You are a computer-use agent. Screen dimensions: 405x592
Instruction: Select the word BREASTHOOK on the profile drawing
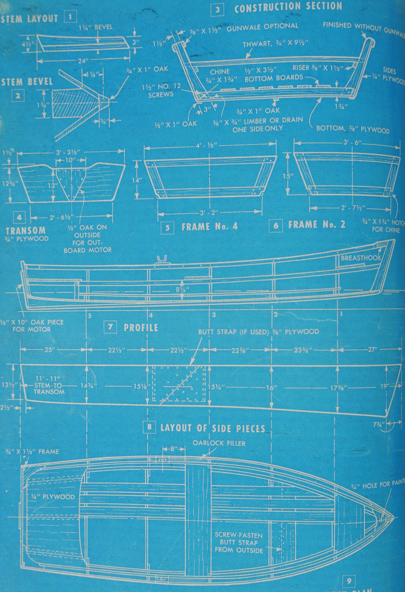pos(361,258)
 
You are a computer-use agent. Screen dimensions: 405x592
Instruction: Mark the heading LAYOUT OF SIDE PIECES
pos(212,428)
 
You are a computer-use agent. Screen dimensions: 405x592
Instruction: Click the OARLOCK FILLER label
pos(219,443)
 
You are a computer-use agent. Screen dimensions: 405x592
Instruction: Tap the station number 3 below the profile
pos(214,315)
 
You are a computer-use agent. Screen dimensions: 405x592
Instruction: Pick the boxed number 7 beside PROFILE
pos(110,327)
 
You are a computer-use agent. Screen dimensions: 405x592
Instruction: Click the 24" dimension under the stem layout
pos(81,61)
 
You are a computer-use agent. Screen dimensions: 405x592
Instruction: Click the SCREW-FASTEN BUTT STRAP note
pos(239,543)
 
